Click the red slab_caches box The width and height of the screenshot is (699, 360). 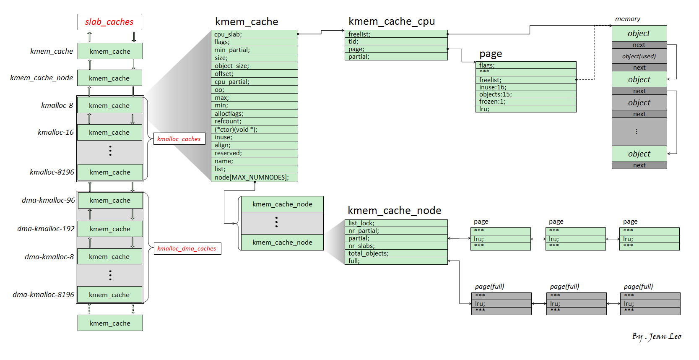click(109, 22)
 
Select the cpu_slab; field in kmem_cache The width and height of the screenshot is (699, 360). click(254, 34)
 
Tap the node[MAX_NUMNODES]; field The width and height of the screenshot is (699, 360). click(254, 177)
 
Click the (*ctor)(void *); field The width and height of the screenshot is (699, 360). click(254, 130)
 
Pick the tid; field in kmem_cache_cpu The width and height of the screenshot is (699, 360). click(396, 42)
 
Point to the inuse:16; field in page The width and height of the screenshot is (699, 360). click(527, 87)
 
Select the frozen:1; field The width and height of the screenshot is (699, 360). click(527, 102)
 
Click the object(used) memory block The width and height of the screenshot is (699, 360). click(639, 56)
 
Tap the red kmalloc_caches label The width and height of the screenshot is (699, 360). click(179, 139)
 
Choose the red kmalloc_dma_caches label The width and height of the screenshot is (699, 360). click(187, 248)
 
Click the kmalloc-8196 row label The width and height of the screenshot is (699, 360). click(52, 172)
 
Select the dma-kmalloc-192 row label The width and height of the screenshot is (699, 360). click(46, 229)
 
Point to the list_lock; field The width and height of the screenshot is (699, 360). click(396, 223)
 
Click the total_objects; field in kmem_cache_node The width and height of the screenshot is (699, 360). click(396, 253)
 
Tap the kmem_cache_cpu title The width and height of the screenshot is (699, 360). click(391, 21)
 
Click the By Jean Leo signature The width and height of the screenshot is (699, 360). click(656, 337)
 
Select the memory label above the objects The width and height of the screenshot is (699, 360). click(627, 19)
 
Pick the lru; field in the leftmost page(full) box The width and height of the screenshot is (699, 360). click(501, 303)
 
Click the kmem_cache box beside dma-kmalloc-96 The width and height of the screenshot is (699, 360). click(110, 201)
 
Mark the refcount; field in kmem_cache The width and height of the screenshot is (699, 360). click(254, 121)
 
